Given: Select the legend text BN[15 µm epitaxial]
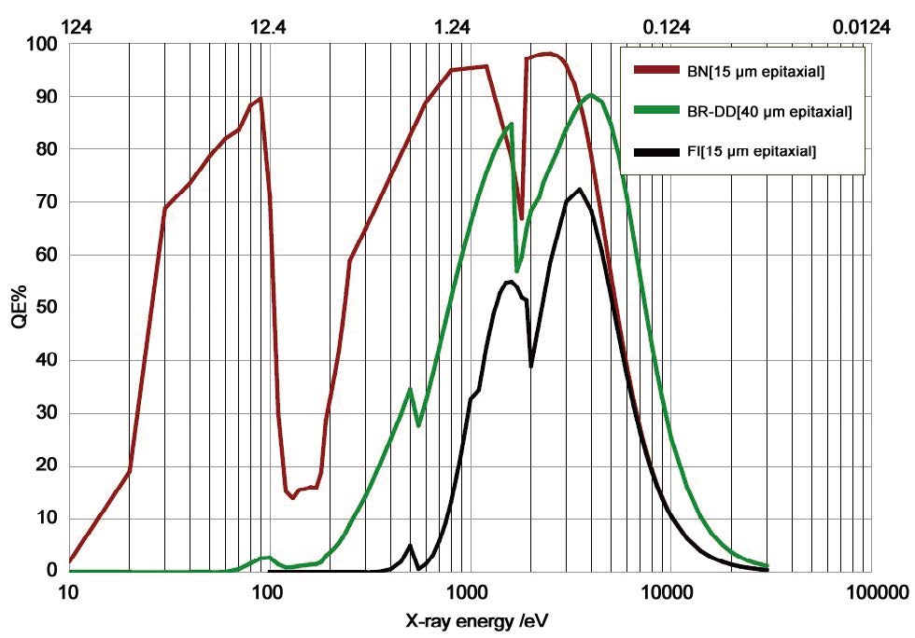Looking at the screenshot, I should [755, 71].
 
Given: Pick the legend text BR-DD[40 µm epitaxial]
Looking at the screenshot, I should [768, 112].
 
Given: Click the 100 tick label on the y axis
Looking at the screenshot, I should [42, 45].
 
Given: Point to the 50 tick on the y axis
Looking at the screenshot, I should [46, 308].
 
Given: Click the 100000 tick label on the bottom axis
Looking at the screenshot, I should [870, 591].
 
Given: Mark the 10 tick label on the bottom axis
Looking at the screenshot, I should [67, 591].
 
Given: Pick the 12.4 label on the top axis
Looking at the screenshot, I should [268, 27].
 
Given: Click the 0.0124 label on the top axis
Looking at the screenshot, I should [862, 27].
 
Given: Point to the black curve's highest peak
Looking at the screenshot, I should [580, 190].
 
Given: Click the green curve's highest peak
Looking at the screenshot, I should [590, 95].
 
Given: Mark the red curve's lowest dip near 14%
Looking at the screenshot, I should [292, 497].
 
